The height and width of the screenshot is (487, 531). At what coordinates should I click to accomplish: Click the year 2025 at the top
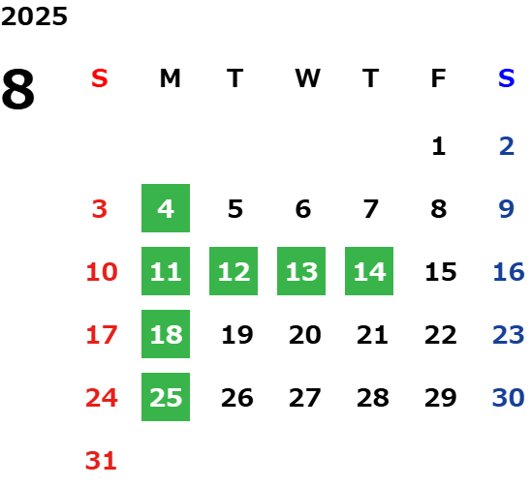(x=34, y=16)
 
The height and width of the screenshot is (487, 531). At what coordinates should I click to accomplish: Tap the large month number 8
(x=18, y=89)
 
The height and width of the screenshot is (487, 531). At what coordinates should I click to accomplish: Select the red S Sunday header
(x=100, y=78)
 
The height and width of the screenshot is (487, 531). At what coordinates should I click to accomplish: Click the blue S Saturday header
(x=506, y=78)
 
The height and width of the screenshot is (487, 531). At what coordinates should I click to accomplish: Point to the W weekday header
(x=307, y=78)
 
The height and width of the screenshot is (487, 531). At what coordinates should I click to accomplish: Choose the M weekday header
(x=170, y=78)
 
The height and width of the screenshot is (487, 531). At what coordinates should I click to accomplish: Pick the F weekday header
(x=439, y=78)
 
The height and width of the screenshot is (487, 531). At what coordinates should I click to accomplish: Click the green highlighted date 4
(x=166, y=208)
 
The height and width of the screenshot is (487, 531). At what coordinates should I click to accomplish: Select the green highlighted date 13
(x=301, y=271)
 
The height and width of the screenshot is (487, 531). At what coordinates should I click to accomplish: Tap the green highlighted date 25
(x=166, y=397)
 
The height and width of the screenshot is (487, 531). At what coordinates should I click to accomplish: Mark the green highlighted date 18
(x=166, y=334)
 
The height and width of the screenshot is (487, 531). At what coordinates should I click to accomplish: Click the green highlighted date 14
(x=369, y=271)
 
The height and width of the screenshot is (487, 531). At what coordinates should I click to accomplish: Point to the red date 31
(x=101, y=460)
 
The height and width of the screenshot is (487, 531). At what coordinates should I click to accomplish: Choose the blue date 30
(x=508, y=397)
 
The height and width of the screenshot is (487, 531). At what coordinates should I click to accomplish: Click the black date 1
(x=439, y=146)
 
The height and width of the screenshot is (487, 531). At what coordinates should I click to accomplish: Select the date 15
(x=441, y=271)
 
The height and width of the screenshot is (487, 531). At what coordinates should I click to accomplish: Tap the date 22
(x=441, y=334)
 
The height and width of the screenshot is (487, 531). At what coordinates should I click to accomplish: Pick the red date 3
(x=100, y=208)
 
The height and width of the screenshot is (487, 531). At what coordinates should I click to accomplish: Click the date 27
(x=305, y=397)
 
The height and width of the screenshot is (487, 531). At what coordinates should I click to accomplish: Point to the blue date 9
(x=506, y=208)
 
